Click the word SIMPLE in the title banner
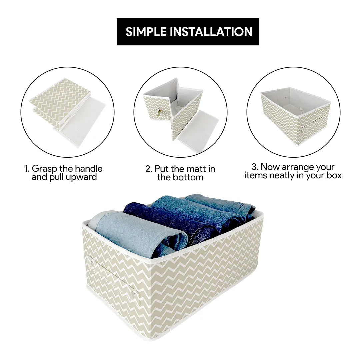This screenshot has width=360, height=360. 146,32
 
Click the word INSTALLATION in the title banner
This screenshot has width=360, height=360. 211,32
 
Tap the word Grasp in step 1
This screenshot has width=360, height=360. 44,169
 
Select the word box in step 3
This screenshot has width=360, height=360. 334,175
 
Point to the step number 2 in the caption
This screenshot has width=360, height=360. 149,169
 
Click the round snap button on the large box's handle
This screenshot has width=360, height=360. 134,295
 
